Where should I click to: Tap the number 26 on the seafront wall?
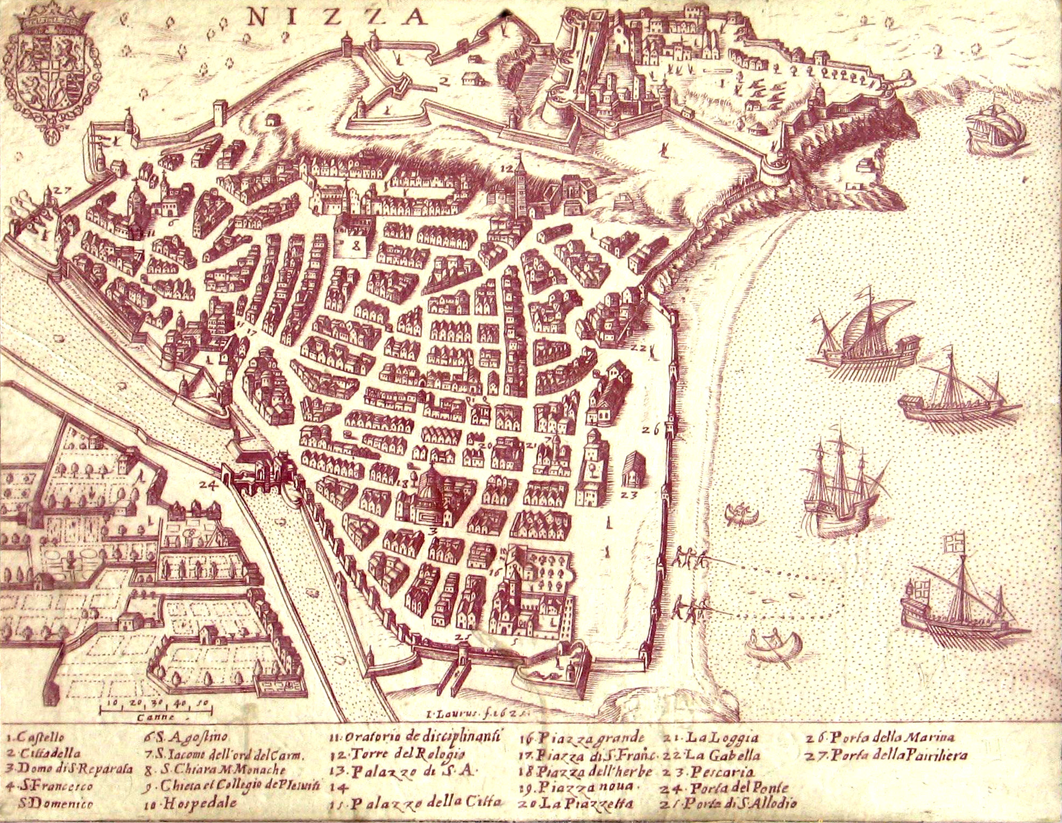(650, 429)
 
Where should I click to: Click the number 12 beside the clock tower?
(506, 168)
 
